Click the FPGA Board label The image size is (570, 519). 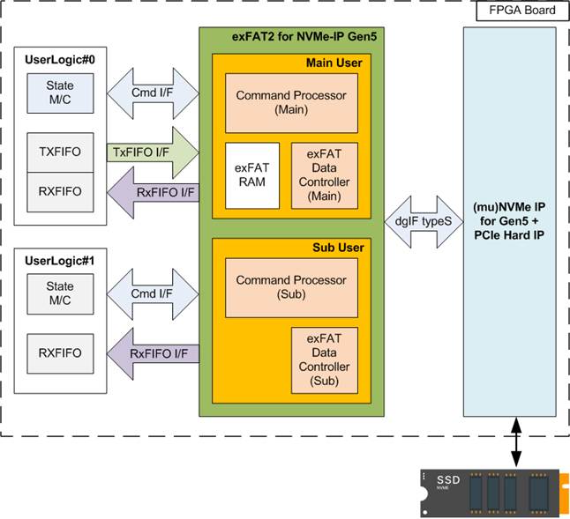[x=516, y=11]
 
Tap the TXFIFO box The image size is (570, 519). [x=61, y=152]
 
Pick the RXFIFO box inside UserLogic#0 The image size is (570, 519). [x=61, y=190]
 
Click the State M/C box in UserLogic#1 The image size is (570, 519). [x=61, y=293]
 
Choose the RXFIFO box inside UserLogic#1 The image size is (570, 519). [x=61, y=352]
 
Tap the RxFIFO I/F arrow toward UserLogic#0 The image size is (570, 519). [x=151, y=192]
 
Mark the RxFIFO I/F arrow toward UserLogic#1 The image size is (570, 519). [x=151, y=353]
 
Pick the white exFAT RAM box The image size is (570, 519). [x=252, y=175]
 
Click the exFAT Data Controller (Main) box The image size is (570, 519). [x=327, y=175]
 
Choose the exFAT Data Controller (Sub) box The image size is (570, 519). [x=327, y=359]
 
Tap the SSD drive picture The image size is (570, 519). [x=493, y=491]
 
